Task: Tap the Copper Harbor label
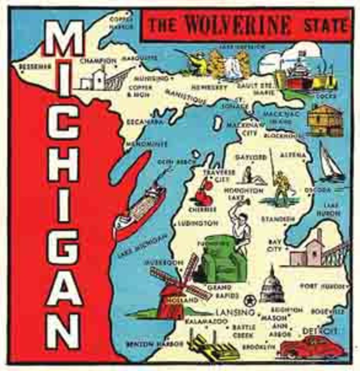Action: pos(121,23)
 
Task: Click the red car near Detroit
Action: pos(311,347)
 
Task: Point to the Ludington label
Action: pos(198,223)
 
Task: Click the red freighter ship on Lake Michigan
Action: pos(141,210)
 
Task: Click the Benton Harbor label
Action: pos(155,344)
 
